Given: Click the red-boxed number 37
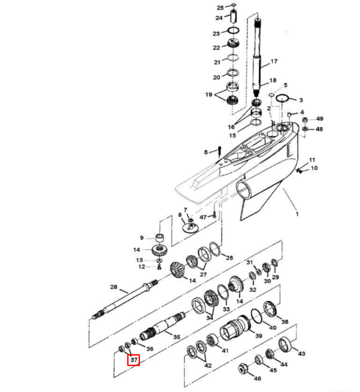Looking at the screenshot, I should pos(134,360).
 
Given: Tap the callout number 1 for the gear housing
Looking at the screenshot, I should pos(297,213).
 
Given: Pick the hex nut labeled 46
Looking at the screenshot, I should pos(243,368).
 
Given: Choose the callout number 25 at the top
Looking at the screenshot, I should pos(220,7).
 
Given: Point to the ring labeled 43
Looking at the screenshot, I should pos(286,344).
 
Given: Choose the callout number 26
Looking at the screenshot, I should pos(229,258).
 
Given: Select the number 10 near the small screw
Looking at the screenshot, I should pos(314,169).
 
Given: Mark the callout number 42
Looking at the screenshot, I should pos(208,365).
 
